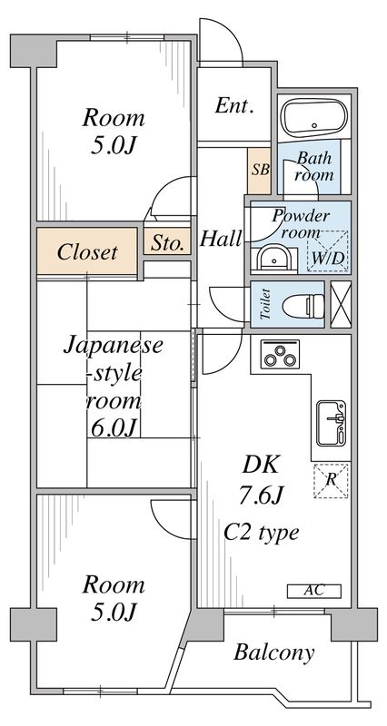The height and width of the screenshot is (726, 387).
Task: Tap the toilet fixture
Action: pos(296,305)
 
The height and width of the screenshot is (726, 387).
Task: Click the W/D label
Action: pos(327,257)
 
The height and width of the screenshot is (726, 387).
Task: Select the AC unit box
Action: pos(313,591)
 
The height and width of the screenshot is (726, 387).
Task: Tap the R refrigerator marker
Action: pos(331,478)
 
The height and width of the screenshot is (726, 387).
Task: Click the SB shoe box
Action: pos(260,170)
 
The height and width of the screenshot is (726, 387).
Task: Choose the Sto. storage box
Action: pos(167,242)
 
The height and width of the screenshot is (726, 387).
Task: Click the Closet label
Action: pos(87,251)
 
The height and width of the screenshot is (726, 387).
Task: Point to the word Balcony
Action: pos(273,652)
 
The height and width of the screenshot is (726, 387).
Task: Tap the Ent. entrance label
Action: pos(234,106)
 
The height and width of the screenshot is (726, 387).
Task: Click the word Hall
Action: pos(221,240)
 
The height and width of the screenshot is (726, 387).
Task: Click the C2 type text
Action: pos(262,533)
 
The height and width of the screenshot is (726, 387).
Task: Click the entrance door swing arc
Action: pos(223,45)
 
